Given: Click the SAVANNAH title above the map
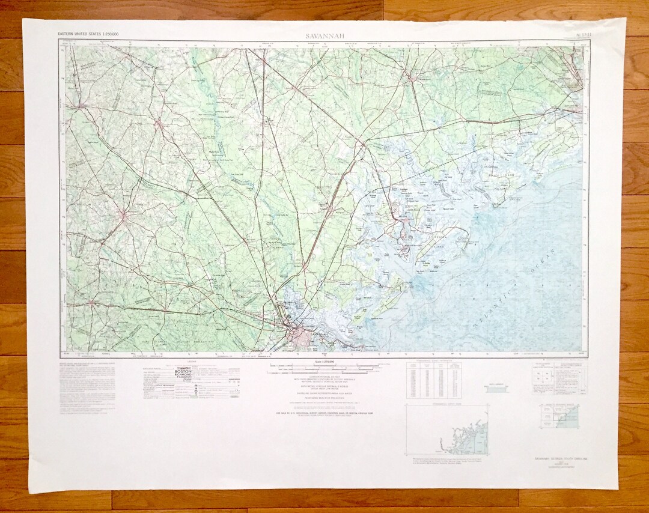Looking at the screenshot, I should pyautogui.click(x=324, y=36).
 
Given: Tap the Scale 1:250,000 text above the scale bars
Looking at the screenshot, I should pyautogui.click(x=323, y=362).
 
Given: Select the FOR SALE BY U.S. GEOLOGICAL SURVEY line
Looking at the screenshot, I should pyautogui.click(x=324, y=414).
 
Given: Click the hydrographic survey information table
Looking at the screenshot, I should pyautogui.click(x=434, y=379).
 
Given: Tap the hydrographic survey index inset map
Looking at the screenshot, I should pyautogui.click(x=446, y=430).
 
